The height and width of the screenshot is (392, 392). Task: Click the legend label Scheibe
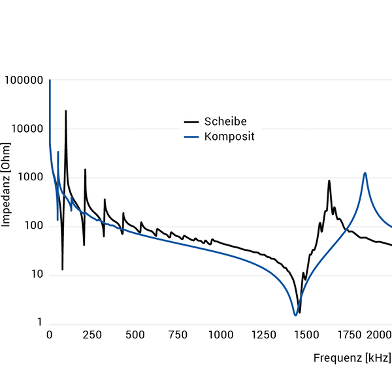pos(225,122)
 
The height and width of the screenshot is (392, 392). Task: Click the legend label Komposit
pos(229,137)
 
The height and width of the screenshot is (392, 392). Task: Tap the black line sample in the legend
pos(191,122)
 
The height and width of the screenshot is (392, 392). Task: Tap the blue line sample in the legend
pos(191,137)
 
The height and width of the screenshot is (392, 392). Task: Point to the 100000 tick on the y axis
pos(24,80)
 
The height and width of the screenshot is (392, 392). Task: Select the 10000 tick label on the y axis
pos(26,129)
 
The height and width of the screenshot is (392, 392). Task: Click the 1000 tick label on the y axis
pos(29,178)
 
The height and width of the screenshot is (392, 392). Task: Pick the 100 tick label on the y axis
pos(31,226)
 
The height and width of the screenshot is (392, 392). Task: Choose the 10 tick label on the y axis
pos(34,275)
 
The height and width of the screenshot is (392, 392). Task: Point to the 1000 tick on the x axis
pos(221,335)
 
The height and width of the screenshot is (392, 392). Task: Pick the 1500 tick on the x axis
pos(306,335)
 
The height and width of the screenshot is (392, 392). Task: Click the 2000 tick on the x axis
pos(377,335)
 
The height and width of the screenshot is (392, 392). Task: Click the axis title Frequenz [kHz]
pos(352,358)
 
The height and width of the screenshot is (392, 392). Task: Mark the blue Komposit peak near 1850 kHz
pos(365,173)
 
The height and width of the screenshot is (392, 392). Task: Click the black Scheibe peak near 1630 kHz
pos(329,181)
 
